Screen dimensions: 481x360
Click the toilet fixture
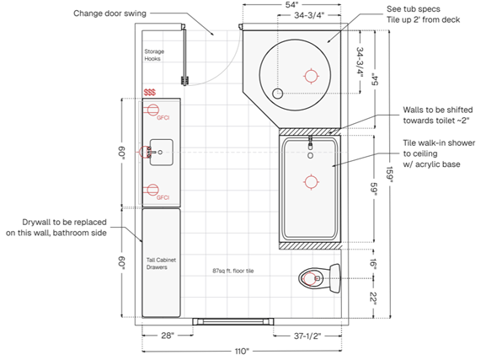pos(320,278)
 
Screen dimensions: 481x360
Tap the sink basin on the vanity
pos(162,153)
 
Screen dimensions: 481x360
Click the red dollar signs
pos(150,92)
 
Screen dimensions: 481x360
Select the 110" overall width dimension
pos(242,351)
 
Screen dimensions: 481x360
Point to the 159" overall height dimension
pos(389,175)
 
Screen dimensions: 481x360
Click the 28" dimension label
pos(168,336)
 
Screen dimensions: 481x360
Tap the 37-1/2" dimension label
pos(307,336)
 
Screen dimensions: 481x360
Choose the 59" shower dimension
pos(374,188)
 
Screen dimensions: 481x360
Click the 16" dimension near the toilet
pos(373,264)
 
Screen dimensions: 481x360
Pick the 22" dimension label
pos(373,298)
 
